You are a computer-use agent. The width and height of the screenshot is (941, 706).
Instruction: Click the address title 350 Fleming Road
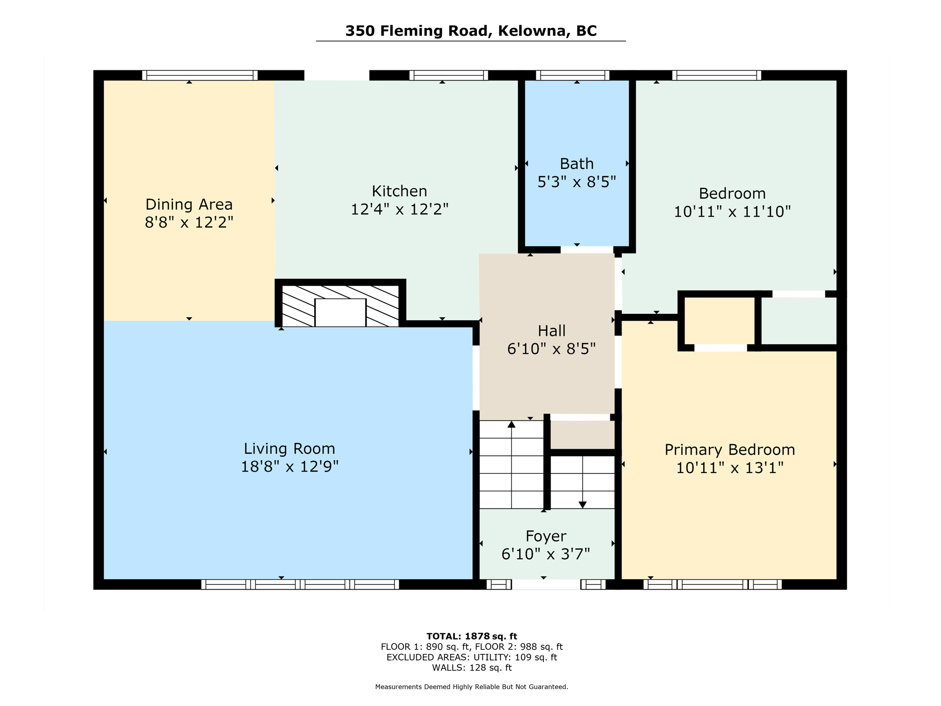tap(470, 31)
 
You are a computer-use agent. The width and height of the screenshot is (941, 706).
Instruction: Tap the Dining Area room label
tap(189, 204)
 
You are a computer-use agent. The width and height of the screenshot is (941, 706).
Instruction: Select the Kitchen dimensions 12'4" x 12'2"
tap(399, 210)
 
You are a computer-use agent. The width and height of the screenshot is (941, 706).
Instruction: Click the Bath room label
tap(576, 164)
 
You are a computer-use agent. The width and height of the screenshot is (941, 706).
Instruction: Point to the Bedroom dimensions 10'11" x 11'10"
tap(732, 212)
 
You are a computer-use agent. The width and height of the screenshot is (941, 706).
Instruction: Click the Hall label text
tap(551, 330)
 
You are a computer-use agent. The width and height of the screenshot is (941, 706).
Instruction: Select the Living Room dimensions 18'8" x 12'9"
tap(289, 467)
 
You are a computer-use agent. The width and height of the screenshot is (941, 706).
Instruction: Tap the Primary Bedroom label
tap(729, 450)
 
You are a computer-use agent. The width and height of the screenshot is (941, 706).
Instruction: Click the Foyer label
tap(545, 536)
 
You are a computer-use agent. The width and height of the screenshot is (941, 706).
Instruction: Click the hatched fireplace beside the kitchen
tap(340, 306)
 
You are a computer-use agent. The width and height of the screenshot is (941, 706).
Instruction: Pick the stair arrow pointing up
tap(511, 425)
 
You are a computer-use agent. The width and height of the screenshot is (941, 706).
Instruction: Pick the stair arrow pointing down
tap(583, 504)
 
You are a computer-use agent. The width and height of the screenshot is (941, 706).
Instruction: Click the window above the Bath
tap(572, 75)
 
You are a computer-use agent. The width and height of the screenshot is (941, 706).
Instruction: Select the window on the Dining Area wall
tap(199, 75)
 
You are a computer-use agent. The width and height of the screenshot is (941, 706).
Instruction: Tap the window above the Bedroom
tap(716, 75)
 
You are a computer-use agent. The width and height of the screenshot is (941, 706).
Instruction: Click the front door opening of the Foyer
tap(546, 585)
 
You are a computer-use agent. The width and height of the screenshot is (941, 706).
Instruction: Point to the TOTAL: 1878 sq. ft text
tap(471, 636)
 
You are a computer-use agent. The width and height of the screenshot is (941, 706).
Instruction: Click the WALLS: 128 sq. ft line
tap(471, 668)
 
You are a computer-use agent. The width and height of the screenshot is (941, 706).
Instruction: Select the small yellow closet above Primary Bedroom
tap(720, 321)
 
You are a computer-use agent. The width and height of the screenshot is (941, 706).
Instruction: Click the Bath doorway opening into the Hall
tap(587, 250)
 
